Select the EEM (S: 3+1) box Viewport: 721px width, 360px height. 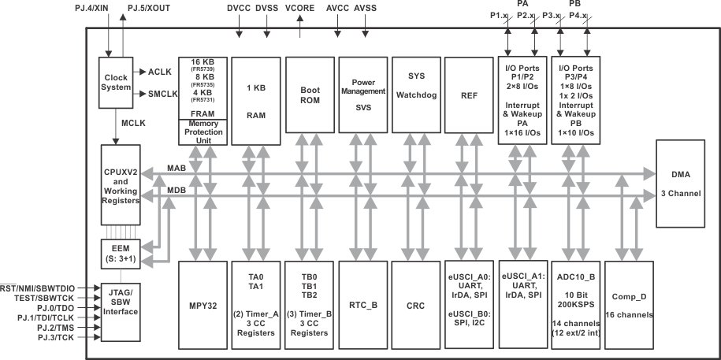pyautogui.click(x=120, y=252)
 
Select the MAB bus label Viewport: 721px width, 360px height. pyautogui.click(x=177, y=168)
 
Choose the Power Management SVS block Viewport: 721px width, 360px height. pyautogui.click(x=360, y=95)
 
